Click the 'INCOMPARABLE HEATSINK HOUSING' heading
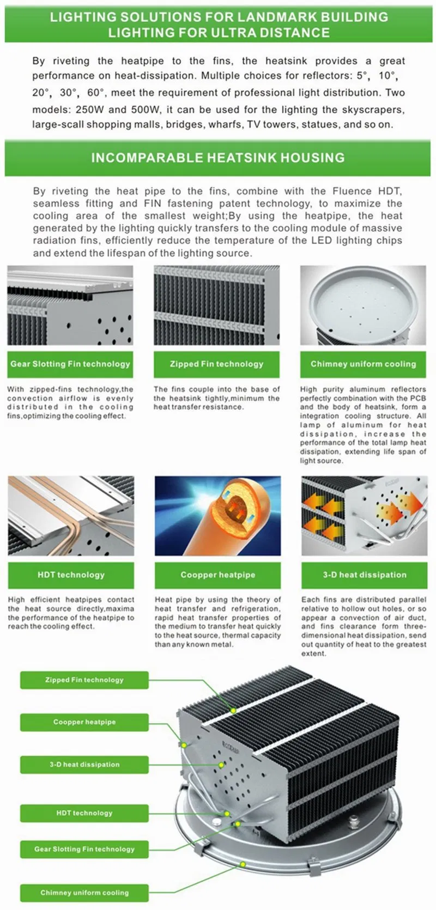coord(217,157)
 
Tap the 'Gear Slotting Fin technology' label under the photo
coord(70,364)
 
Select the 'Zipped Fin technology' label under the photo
coord(216,364)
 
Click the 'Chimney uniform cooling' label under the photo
coord(363,364)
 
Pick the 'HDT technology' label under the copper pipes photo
coord(71,575)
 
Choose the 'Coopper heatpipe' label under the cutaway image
coord(217,575)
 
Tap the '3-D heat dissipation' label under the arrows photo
coord(365,575)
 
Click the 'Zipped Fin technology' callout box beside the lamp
coord(84,680)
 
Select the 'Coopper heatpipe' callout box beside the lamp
coord(84,722)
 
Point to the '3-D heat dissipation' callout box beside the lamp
coord(84,764)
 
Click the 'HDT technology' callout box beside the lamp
coord(84,813)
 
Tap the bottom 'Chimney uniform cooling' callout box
coord(84,893)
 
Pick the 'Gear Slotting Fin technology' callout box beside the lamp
coord(84,848)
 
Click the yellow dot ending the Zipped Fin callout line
coord(233,711)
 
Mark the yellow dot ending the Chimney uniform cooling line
coord(243,864)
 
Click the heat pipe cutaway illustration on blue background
coord(217,516)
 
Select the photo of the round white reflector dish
coord(363,305)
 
